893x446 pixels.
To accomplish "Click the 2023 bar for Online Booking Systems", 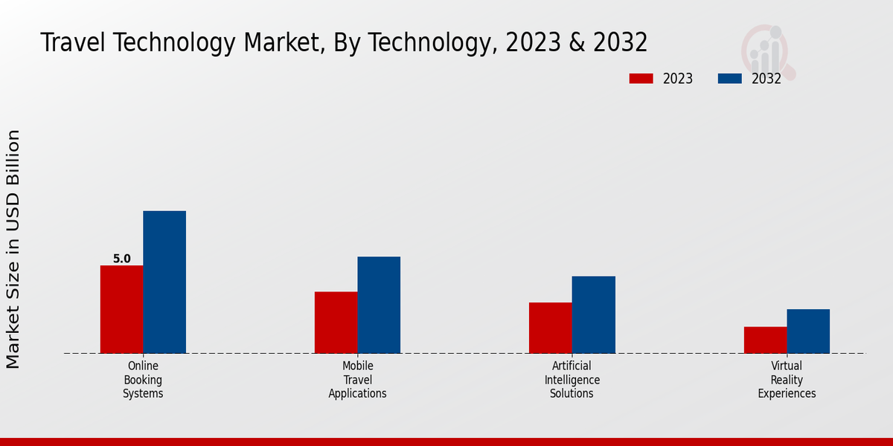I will [121, 309].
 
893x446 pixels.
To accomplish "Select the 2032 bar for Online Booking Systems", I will [164, 282].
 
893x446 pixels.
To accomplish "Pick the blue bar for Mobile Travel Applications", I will [379, 305].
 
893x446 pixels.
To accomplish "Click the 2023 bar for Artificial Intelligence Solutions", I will [551, 328].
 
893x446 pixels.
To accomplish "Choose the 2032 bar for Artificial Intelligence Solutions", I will [594, 314].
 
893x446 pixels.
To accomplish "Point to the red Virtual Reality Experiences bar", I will [765, 340].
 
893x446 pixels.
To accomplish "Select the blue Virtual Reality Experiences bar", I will [808, 331].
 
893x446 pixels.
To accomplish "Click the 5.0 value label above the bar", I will [121, 259].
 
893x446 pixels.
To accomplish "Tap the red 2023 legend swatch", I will [641, 79].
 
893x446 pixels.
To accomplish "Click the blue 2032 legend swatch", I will [729, 79].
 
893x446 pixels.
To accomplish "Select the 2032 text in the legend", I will [766, 79].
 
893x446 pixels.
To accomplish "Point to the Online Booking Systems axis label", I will [143, 379].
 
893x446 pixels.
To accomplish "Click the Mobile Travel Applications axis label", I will [357, 379].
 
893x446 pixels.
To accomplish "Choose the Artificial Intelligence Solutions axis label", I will [572, 379].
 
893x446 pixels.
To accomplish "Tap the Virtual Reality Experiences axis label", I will [787, 379].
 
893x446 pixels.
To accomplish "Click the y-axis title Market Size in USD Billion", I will [13, 249].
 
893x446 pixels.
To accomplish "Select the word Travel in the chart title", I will [71, 42].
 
